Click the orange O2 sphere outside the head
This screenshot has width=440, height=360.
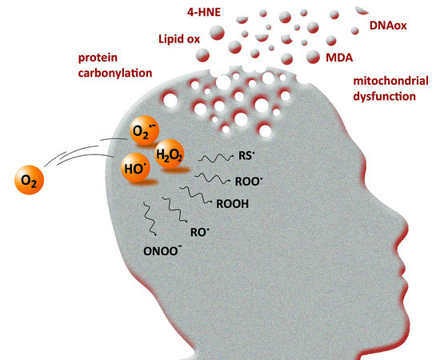[29, 181]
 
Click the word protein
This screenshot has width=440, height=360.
[98, 60]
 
